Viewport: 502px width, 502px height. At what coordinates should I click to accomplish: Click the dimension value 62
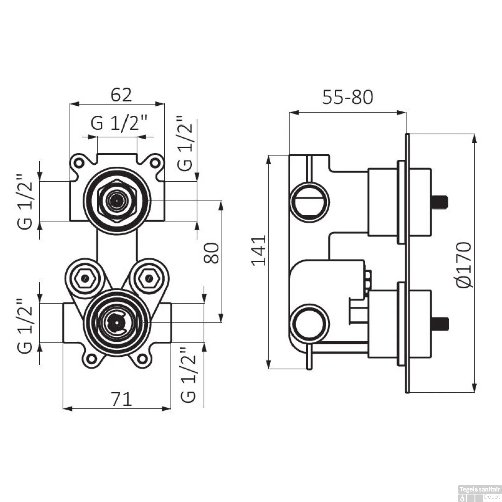tap(121, 95)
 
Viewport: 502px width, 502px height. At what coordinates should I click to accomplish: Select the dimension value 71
tap(121, 399)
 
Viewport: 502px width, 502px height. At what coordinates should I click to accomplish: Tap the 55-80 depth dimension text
tap(347, 97)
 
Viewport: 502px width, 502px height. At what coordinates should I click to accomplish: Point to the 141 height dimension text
tap(259, 251)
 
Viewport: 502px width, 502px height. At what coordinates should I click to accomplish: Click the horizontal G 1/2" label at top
tap(119, 123)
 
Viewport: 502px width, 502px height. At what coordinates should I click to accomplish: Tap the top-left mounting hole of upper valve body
tap(79, 163)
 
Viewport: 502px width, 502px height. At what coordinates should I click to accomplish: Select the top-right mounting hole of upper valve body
tap(155, 163)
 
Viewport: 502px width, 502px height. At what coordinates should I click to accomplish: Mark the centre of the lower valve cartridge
tap(117, 323)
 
